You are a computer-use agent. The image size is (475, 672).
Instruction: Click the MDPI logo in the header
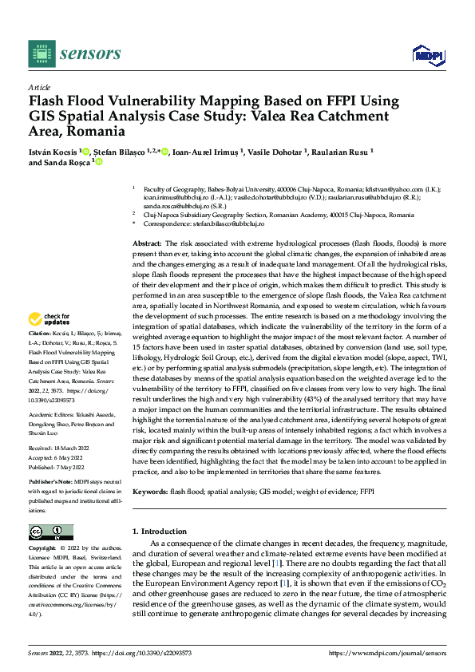click(x=427, y=54)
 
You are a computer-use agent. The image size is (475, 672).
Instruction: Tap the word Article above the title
click(x=39, y=87)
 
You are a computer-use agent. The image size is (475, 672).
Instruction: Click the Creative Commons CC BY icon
click(x=50, y=532)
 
